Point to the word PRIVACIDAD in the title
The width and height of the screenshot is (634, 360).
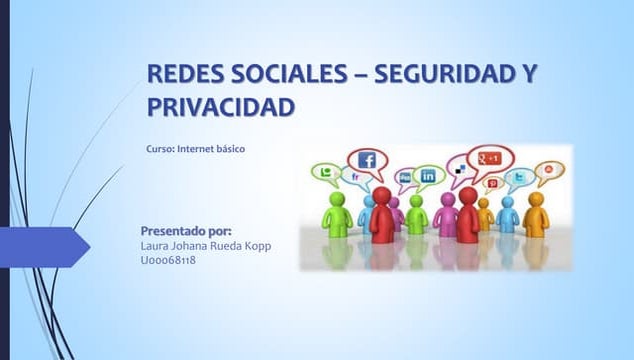coord(221,105)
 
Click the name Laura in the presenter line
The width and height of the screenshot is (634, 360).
coord(157,246)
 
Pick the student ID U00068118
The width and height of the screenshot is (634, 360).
coord(169,260)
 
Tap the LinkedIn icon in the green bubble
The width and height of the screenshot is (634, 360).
coord(428,176)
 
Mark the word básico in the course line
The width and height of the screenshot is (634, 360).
coord(230,149)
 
